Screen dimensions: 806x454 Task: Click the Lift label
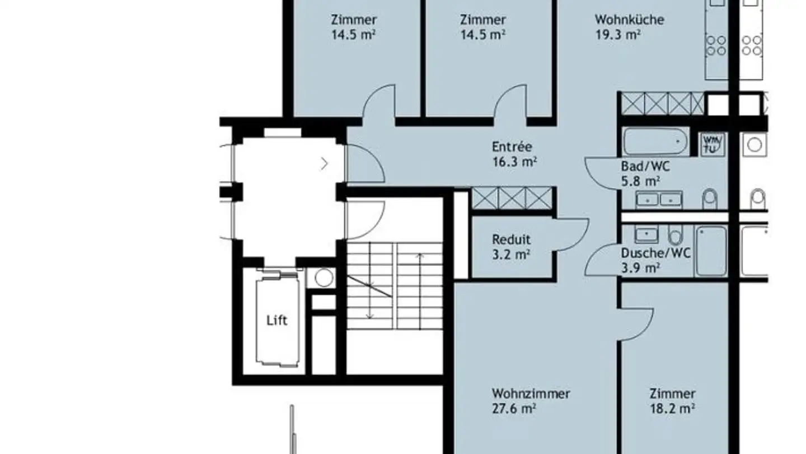pos(277,320)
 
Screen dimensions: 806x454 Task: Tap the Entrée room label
pos(512,147)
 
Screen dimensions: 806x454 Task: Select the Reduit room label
pos(511,239)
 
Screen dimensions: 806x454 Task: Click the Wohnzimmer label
pos(531,393)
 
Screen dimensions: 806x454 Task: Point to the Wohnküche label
pos(629,20)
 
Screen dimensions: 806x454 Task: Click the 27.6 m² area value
pos(514,409)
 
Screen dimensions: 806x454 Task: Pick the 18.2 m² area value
pos(672,409)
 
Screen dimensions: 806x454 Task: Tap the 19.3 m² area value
pos(617,35)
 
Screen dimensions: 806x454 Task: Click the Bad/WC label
pos(645,166)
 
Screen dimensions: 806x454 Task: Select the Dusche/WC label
pos(655,253)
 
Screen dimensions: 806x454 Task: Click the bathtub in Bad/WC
pos(655,141)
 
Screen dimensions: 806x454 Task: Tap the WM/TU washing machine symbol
pos(712,145)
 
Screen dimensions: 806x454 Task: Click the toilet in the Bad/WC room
pos(710,199)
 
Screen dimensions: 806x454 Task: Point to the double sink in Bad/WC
pos(659,200)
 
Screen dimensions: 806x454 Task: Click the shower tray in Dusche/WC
pos(711,251)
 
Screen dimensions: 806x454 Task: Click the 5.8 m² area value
pos(640,181)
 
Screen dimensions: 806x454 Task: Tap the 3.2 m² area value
pos(511,254)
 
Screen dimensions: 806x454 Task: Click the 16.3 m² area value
pos(514,162)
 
